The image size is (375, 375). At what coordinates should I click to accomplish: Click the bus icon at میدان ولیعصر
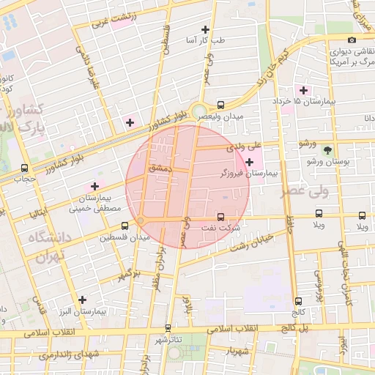(221, 105)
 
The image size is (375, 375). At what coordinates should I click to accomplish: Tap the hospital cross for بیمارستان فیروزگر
(250, 161)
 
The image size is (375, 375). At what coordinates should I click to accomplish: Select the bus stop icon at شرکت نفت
(221, 216)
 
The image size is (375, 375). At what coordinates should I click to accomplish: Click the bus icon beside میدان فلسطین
(105, 237)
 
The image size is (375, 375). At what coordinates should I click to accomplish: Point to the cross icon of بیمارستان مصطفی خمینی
(94, 186)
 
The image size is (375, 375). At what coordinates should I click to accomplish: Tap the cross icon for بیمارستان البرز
(82, 300)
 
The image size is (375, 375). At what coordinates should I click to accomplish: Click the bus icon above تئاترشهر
(168, 328)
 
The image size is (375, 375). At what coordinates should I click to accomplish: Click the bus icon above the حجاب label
(26, 168)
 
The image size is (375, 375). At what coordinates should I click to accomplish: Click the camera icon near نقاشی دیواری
(352, 40)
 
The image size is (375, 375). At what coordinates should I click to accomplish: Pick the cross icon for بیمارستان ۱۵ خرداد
(304, 89)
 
